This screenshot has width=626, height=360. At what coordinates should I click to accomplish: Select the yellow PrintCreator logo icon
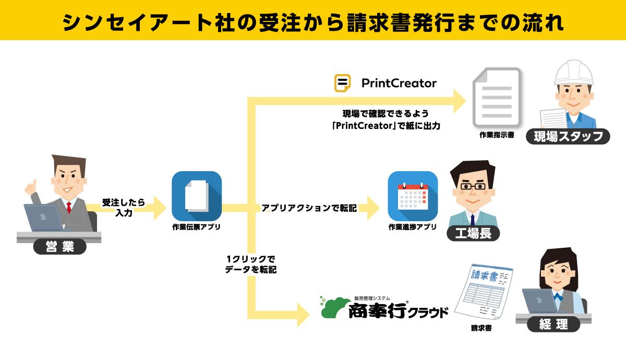pos(342,83)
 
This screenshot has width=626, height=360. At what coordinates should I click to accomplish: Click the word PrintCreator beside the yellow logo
pos(399,83)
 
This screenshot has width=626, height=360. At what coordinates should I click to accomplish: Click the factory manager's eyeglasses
pos(472,186)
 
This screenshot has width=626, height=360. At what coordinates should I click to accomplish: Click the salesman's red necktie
pos(68,207)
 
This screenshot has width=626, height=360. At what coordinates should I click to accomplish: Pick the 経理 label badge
pos(554,323)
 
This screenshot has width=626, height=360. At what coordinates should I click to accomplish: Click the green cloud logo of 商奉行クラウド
pos(334,307)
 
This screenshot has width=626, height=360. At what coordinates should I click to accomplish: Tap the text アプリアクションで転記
pos(309,208)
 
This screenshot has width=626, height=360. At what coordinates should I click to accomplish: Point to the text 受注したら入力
pos(124,207)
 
